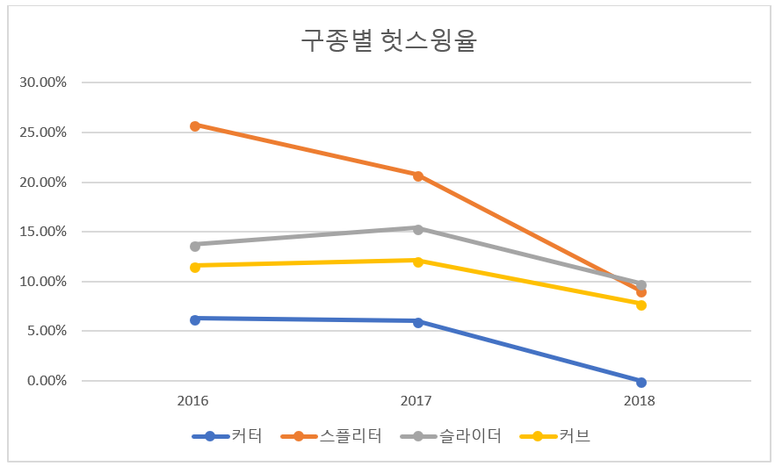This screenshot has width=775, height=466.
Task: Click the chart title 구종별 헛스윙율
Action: (388, 41)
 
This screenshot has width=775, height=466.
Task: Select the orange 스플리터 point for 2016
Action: (195, 125)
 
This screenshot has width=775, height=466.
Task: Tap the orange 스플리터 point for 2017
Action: (418, 176)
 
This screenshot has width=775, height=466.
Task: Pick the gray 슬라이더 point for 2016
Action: (195, 246)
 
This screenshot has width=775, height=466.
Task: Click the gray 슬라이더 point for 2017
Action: (418, 229)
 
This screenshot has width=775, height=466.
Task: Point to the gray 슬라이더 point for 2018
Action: (641, 285)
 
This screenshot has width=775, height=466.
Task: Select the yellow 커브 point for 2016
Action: (195, 267)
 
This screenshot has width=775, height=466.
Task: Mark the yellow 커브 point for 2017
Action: (418, 261)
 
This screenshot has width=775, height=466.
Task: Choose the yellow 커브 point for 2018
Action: (641, 305)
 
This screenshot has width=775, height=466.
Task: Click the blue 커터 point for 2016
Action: (195, 319)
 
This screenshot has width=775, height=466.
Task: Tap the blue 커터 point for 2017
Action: (418, 322)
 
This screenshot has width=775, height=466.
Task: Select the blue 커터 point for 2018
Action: (641, 382)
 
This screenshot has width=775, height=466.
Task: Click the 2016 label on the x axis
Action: (193, 401)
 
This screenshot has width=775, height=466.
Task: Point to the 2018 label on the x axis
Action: (640, 401)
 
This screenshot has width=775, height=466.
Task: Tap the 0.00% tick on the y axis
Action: (47, 381)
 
